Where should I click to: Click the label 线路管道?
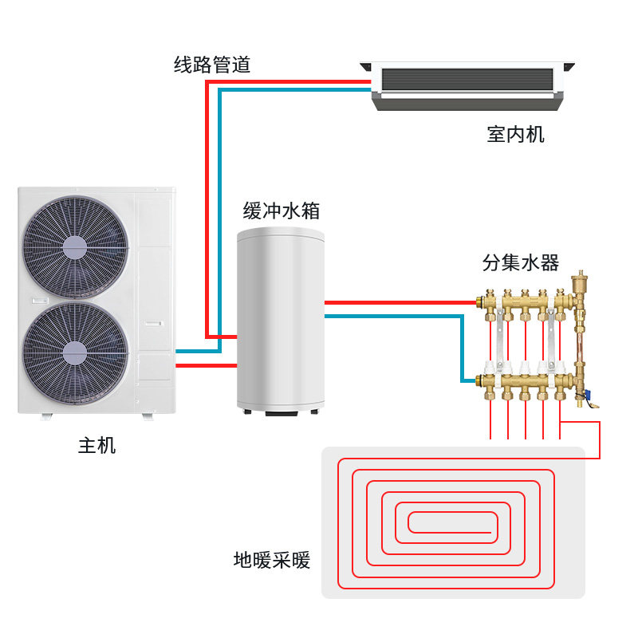212,65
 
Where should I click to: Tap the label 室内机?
515,134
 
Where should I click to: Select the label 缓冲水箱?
282,211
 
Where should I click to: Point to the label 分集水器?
520,263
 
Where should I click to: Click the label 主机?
96,446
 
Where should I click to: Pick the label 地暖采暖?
271,560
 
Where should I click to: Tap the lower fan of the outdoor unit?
75,349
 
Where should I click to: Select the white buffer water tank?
281,319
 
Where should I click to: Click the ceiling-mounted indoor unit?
467,86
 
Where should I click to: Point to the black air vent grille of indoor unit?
467,79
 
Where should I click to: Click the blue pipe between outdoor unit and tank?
197,351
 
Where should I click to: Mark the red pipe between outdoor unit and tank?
206,365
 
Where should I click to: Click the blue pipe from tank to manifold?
399,316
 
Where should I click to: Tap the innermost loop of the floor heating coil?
451,522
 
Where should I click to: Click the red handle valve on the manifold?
592,393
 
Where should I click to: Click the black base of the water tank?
281,412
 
